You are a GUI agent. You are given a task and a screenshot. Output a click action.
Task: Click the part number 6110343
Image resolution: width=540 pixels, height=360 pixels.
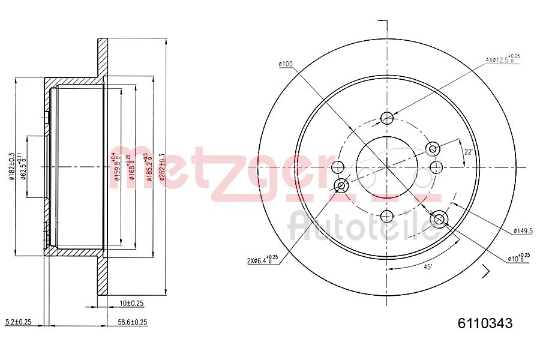tap(485, 324)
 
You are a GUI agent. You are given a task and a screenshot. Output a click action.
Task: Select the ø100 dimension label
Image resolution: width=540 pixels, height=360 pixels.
tap(285, 64)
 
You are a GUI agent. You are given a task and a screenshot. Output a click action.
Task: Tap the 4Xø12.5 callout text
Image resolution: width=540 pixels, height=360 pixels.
tap(502, 59)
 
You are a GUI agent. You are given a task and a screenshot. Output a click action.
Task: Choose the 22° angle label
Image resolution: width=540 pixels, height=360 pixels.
tap(469, 152)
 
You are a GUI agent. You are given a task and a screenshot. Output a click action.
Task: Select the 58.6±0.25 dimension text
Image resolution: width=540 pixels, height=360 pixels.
tap(132, 322)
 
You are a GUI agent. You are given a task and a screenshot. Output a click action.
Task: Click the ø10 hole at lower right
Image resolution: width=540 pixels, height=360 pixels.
tap(439, 219)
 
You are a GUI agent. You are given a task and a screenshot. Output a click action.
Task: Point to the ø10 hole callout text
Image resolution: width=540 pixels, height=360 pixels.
tap(518, 258)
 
